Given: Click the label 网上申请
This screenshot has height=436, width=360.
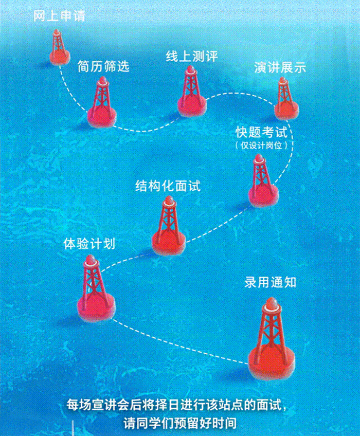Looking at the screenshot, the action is [x=59, y=16].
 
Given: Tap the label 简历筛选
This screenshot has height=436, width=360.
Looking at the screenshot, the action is [x=103, y=66].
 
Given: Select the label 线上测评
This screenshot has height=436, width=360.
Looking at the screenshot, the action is [x=192, y=56].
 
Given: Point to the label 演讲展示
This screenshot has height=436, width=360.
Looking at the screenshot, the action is [x=280, y=67].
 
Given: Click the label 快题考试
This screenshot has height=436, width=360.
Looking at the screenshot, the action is [x=262, y=132].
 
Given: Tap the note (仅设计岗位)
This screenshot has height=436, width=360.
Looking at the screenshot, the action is [x=262, y=145].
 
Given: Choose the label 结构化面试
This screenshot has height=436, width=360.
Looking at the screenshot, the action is [x=168, y=186].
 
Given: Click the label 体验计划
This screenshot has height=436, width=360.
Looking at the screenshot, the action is [x=89, y=244].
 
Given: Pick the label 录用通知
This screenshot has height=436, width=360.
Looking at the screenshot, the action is [x=271, y=282].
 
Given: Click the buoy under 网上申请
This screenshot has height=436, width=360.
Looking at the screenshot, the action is [x=59, y=47].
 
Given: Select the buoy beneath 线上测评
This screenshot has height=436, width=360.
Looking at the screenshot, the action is [x=192, y=92].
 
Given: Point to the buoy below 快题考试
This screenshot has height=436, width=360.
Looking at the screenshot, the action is [x=263, y=181].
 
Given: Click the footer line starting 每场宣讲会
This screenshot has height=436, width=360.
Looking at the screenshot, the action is [x=177, y=405].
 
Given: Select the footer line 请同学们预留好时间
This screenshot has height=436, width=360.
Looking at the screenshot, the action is [x=180, y=423].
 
